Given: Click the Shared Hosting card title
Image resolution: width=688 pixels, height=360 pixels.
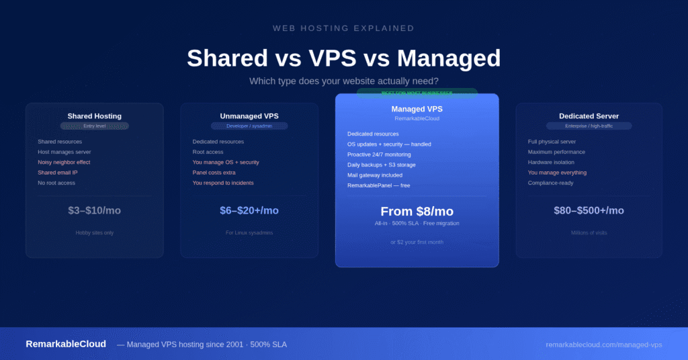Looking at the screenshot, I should click(x=94, y=116).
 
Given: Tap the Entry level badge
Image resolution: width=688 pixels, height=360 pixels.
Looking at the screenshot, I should click(x=94, y=126).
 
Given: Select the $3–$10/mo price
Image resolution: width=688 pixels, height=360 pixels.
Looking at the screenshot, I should click(x=94, y=210).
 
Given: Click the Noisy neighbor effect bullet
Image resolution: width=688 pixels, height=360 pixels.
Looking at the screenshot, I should click(x=64, y=163).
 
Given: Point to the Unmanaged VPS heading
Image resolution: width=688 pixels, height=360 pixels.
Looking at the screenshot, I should click(x=249, y=116).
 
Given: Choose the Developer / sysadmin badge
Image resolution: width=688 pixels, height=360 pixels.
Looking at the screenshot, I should click(x=249, y=126).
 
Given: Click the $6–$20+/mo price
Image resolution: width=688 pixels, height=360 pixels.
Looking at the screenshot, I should click(x=249, y=210).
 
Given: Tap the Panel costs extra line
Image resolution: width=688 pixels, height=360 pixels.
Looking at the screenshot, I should click(x=214, y=173).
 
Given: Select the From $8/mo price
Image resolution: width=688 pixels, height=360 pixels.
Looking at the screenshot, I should click(x=417, y=212).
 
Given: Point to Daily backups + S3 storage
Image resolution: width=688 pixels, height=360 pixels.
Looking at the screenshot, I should click(x=382, y=165).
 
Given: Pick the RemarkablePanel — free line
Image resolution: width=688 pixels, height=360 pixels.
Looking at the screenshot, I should click(x=378, y=185).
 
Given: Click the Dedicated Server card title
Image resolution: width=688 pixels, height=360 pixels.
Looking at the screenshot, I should click(x=589, y=116).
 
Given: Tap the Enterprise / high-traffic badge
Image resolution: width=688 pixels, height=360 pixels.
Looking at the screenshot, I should click(x=589, y=126).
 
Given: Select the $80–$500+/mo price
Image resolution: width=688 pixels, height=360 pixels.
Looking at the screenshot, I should click(x=589, y=210).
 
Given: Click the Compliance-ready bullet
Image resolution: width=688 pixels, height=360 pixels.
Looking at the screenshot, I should click(x=550, y=183).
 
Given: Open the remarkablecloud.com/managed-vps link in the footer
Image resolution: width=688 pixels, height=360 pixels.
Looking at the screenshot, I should click(x=603, y=345).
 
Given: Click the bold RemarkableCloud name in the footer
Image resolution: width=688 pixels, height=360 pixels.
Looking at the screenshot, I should click(x=66, y=344).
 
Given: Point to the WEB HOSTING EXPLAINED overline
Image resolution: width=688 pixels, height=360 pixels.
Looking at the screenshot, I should click(x=343, y=28).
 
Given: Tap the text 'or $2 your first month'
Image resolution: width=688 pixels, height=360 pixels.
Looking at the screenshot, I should click(x=417, y=242).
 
